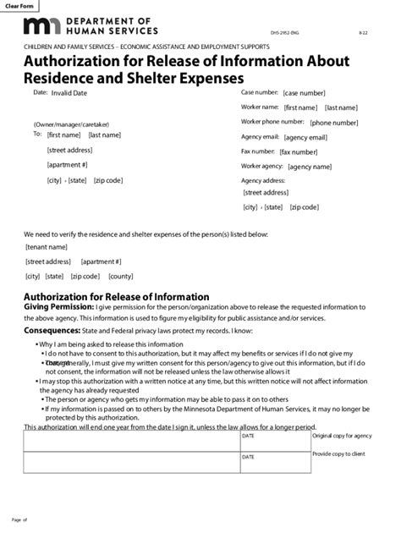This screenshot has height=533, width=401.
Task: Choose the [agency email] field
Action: click(x=306, y=137)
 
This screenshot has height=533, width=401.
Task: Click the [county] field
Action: click(x=120, y=276)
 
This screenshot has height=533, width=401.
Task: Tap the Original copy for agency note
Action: click(x=341, y=436)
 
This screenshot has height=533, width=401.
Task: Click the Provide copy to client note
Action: click(x=339, y=454)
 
